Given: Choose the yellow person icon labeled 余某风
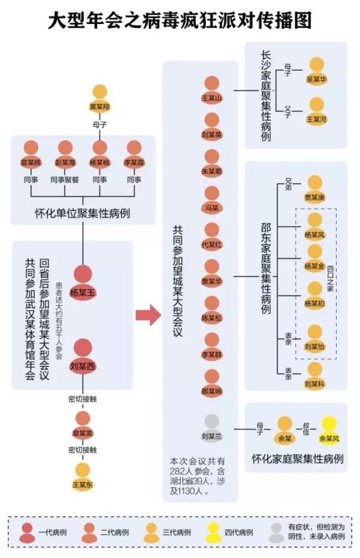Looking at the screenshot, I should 329,430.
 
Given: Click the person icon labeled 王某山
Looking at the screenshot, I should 212,91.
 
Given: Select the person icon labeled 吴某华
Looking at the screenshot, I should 317,71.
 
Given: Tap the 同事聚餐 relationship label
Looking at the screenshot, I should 65,180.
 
